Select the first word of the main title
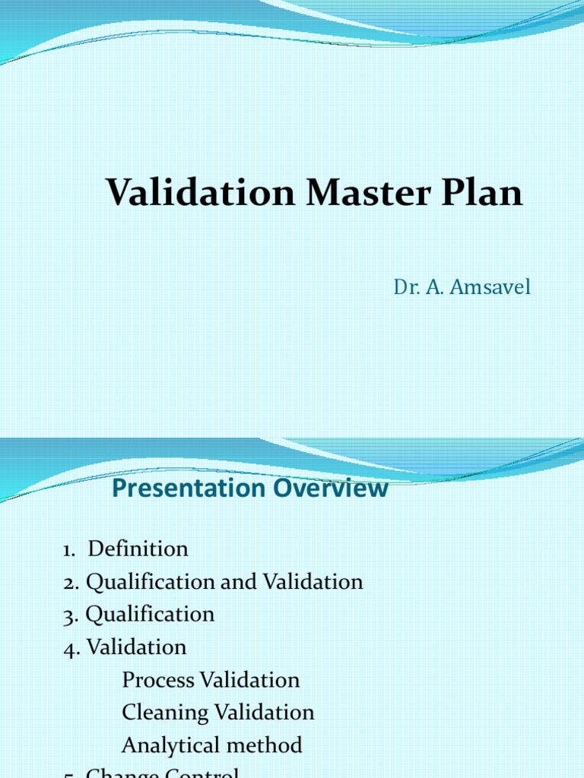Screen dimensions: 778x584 click(200, 192)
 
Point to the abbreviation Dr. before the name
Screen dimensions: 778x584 click(404, 287)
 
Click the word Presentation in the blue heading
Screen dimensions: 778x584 click(177, 489)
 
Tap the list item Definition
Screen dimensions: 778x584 click(138, 549)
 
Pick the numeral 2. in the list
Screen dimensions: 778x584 click(71, 582)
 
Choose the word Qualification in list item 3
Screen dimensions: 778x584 click(150, 614)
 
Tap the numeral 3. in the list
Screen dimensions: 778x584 click(71, 615)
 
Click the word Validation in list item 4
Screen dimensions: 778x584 click(136, 647)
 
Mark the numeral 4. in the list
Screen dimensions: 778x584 click(71, 647)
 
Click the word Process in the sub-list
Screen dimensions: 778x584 click(158, 680)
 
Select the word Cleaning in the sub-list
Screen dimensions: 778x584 click(165, 713)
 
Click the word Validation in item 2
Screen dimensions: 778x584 click(313, 582)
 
